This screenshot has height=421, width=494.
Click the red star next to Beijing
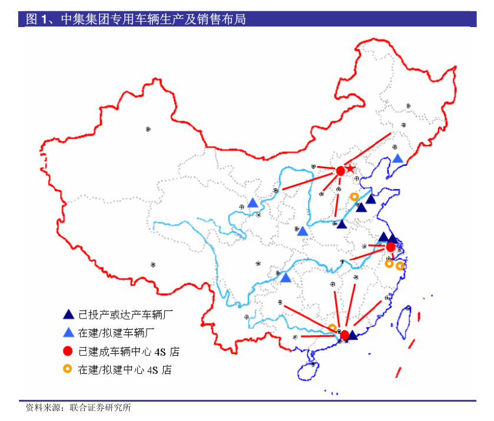350,169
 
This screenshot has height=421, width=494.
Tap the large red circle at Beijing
340,171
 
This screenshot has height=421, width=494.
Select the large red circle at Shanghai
390,247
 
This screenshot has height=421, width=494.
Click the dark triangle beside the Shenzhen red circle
353,335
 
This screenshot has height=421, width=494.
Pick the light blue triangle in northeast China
398,158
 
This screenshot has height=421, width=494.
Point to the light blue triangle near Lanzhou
253,203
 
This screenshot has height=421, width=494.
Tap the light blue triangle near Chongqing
286,278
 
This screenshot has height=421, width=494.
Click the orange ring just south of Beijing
354,197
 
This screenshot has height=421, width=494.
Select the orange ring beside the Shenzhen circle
333,328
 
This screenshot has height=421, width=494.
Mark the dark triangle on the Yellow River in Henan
342,224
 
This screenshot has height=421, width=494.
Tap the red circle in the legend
68,352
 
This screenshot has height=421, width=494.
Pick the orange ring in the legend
68,369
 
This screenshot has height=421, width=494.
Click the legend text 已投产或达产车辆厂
124,314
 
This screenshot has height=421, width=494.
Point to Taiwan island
405,321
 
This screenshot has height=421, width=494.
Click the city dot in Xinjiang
148,128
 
